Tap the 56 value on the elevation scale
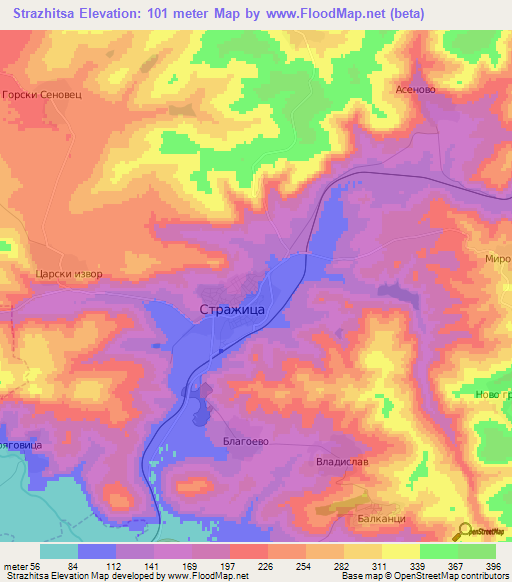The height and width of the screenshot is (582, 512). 40,566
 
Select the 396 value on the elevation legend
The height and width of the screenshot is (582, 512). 494,566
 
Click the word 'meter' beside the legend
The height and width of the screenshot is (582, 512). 17,566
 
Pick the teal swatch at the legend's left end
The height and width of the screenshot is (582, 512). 59,551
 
